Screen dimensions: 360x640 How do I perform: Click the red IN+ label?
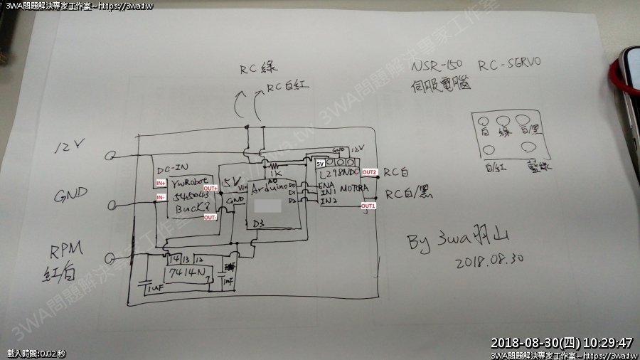point(161,184)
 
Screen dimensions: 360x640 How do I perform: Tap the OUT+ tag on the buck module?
point(210,188)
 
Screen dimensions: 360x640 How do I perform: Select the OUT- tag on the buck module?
point(210,218)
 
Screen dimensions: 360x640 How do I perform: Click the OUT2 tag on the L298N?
point(369,173)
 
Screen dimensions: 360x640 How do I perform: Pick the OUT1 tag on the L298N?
point(369,206)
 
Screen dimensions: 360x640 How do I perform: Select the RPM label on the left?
point(66,250)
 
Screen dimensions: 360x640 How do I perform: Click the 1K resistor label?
point(277,172)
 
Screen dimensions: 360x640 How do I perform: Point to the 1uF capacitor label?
point(151,288)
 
